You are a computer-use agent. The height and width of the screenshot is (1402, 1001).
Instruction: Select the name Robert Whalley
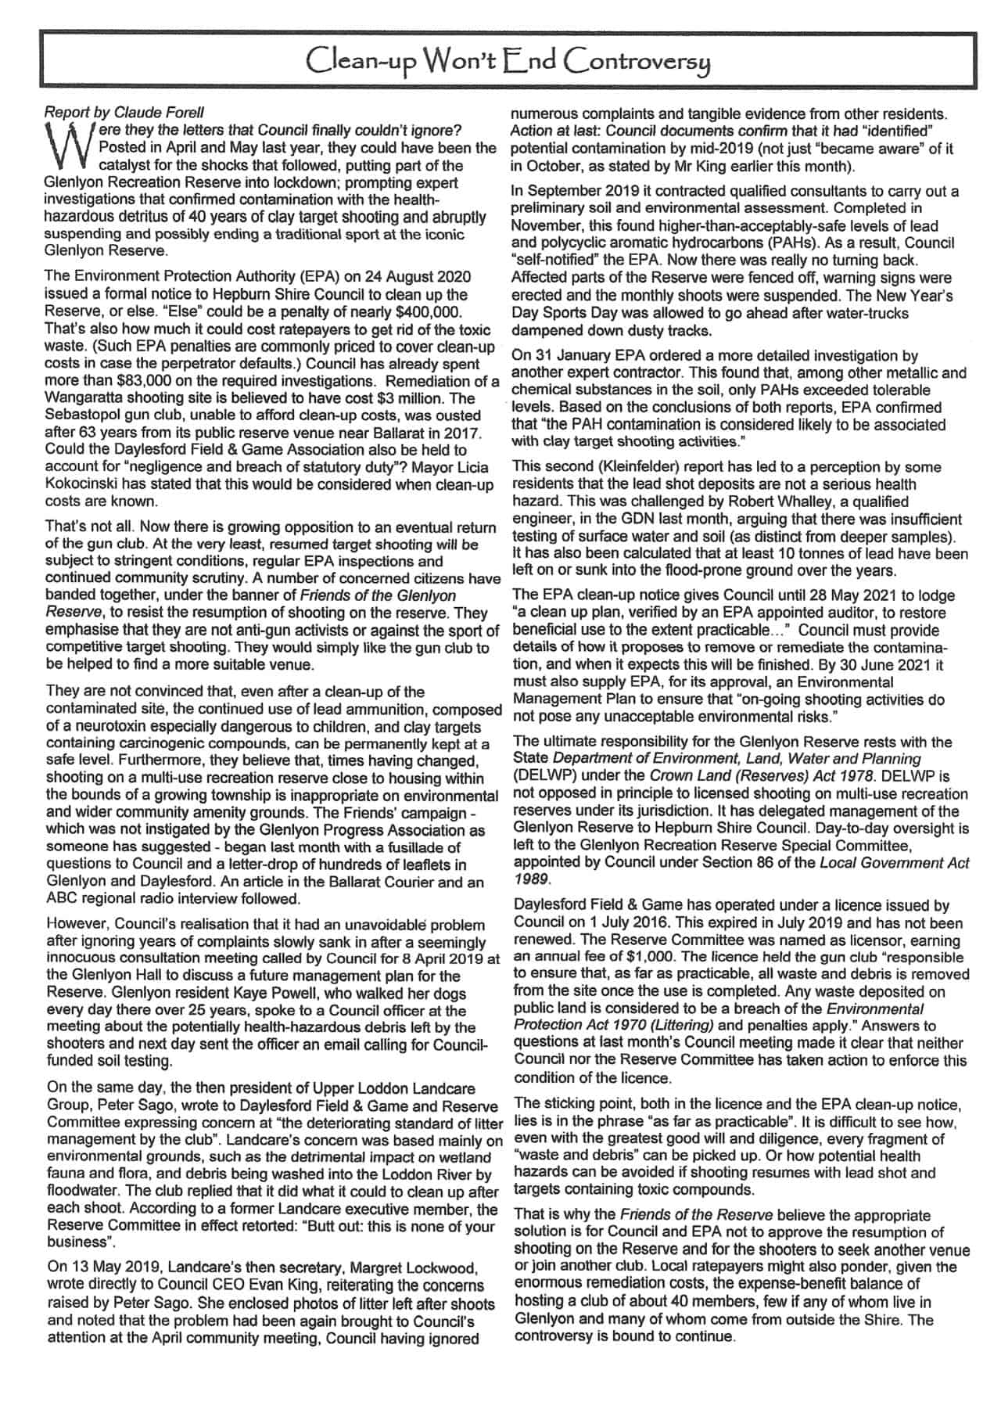pyautogui.click(x=766, y=501)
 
